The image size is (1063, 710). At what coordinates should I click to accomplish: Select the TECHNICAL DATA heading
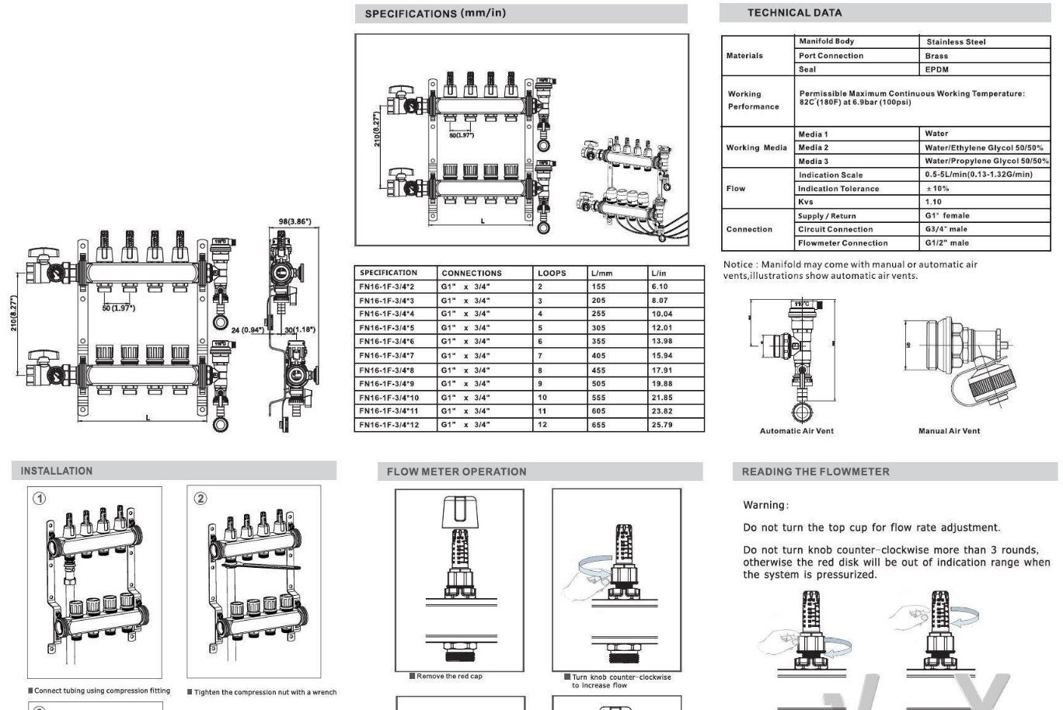tap(794, 12)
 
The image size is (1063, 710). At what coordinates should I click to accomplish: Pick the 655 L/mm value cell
tap(598, 425)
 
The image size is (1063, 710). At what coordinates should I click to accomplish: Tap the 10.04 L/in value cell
tap(662, 314)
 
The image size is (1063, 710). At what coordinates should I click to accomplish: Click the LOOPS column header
tap(552, 273)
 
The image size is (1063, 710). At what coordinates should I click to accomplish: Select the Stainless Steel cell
tap(956, 42)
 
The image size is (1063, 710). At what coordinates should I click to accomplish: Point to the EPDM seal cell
tap(936, 69)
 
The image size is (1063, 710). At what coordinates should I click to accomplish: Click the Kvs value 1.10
tap(933, 202)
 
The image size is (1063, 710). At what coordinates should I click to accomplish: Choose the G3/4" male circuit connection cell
tap(946, 229)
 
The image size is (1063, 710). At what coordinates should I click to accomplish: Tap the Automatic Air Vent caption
tap(796, 431)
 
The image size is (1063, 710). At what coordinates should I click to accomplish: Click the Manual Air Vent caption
tap(949, 431)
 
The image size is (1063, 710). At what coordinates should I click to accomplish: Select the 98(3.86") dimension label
tap(295, 221)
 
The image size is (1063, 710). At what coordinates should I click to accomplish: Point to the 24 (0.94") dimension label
tap(247, 330)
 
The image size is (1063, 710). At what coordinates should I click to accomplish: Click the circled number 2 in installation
tap(200, 498)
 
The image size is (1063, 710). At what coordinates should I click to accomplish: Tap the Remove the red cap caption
tap(449, 676)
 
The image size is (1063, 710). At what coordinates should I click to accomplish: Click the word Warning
tap(765, 505)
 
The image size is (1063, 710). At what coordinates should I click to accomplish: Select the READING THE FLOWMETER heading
tap(815, 472)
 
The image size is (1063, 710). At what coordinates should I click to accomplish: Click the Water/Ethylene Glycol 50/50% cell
tap(984, 148)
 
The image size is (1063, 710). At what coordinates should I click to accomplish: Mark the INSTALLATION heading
tap(56, 471)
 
